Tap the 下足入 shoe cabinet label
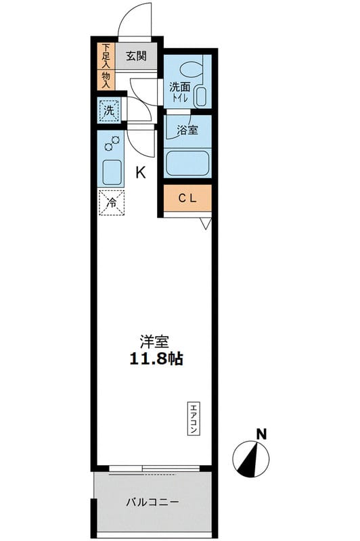click(106, 56)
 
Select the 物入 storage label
click(106, 78)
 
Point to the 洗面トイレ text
click(179, 91)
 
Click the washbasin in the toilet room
click(201, 95)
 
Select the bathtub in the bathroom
click(187, 163)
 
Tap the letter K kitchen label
click(141, 172)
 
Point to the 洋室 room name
click(154, 342)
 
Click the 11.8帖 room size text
click(156, 359)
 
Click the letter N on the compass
click(261, 433)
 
